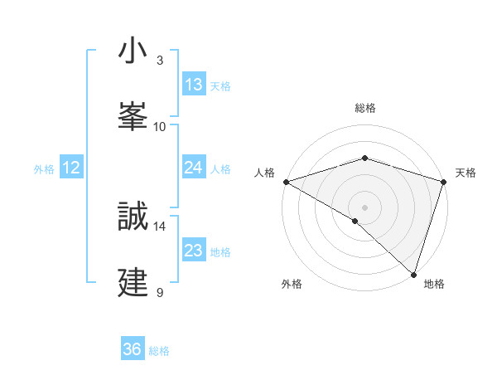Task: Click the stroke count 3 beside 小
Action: coord(160,61)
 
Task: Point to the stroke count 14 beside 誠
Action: coord(160,226)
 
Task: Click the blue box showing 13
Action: coord(194,85)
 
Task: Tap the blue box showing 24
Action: coord(194,168)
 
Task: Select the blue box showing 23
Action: coord(194,251)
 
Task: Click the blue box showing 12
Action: coord(71,168)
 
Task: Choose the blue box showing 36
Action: coord(133,350)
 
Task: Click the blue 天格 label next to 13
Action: coord(220,86)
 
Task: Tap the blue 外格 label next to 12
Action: coord(44,169)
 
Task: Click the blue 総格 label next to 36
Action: coord(159,351)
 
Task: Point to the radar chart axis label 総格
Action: coord(364,108)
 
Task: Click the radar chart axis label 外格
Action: coord(292,284)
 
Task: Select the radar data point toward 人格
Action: coord(286,182)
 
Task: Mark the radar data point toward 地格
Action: coord(413,274)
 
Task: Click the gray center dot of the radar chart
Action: coord(364,207)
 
